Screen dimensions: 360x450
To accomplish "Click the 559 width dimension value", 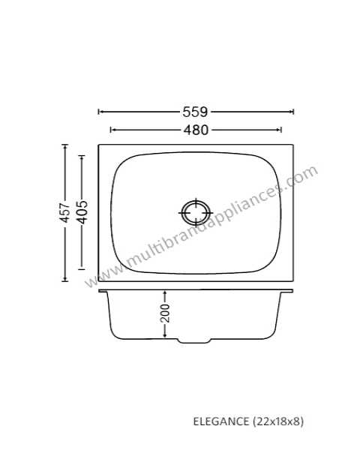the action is coord(195,112).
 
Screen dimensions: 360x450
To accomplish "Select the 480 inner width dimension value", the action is coord(196,130).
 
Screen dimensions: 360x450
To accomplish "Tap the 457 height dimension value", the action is coord(65,213).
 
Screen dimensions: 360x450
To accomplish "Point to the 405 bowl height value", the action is coord(82,211).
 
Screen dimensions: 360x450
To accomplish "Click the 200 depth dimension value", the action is coord(165,313).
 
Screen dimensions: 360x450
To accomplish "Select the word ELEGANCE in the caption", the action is coord(221,421).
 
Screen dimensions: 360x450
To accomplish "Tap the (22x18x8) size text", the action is coord(278,421).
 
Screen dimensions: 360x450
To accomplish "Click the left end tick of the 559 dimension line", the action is coord(98,112).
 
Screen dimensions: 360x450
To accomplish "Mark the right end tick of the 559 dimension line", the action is coord(292,112).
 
